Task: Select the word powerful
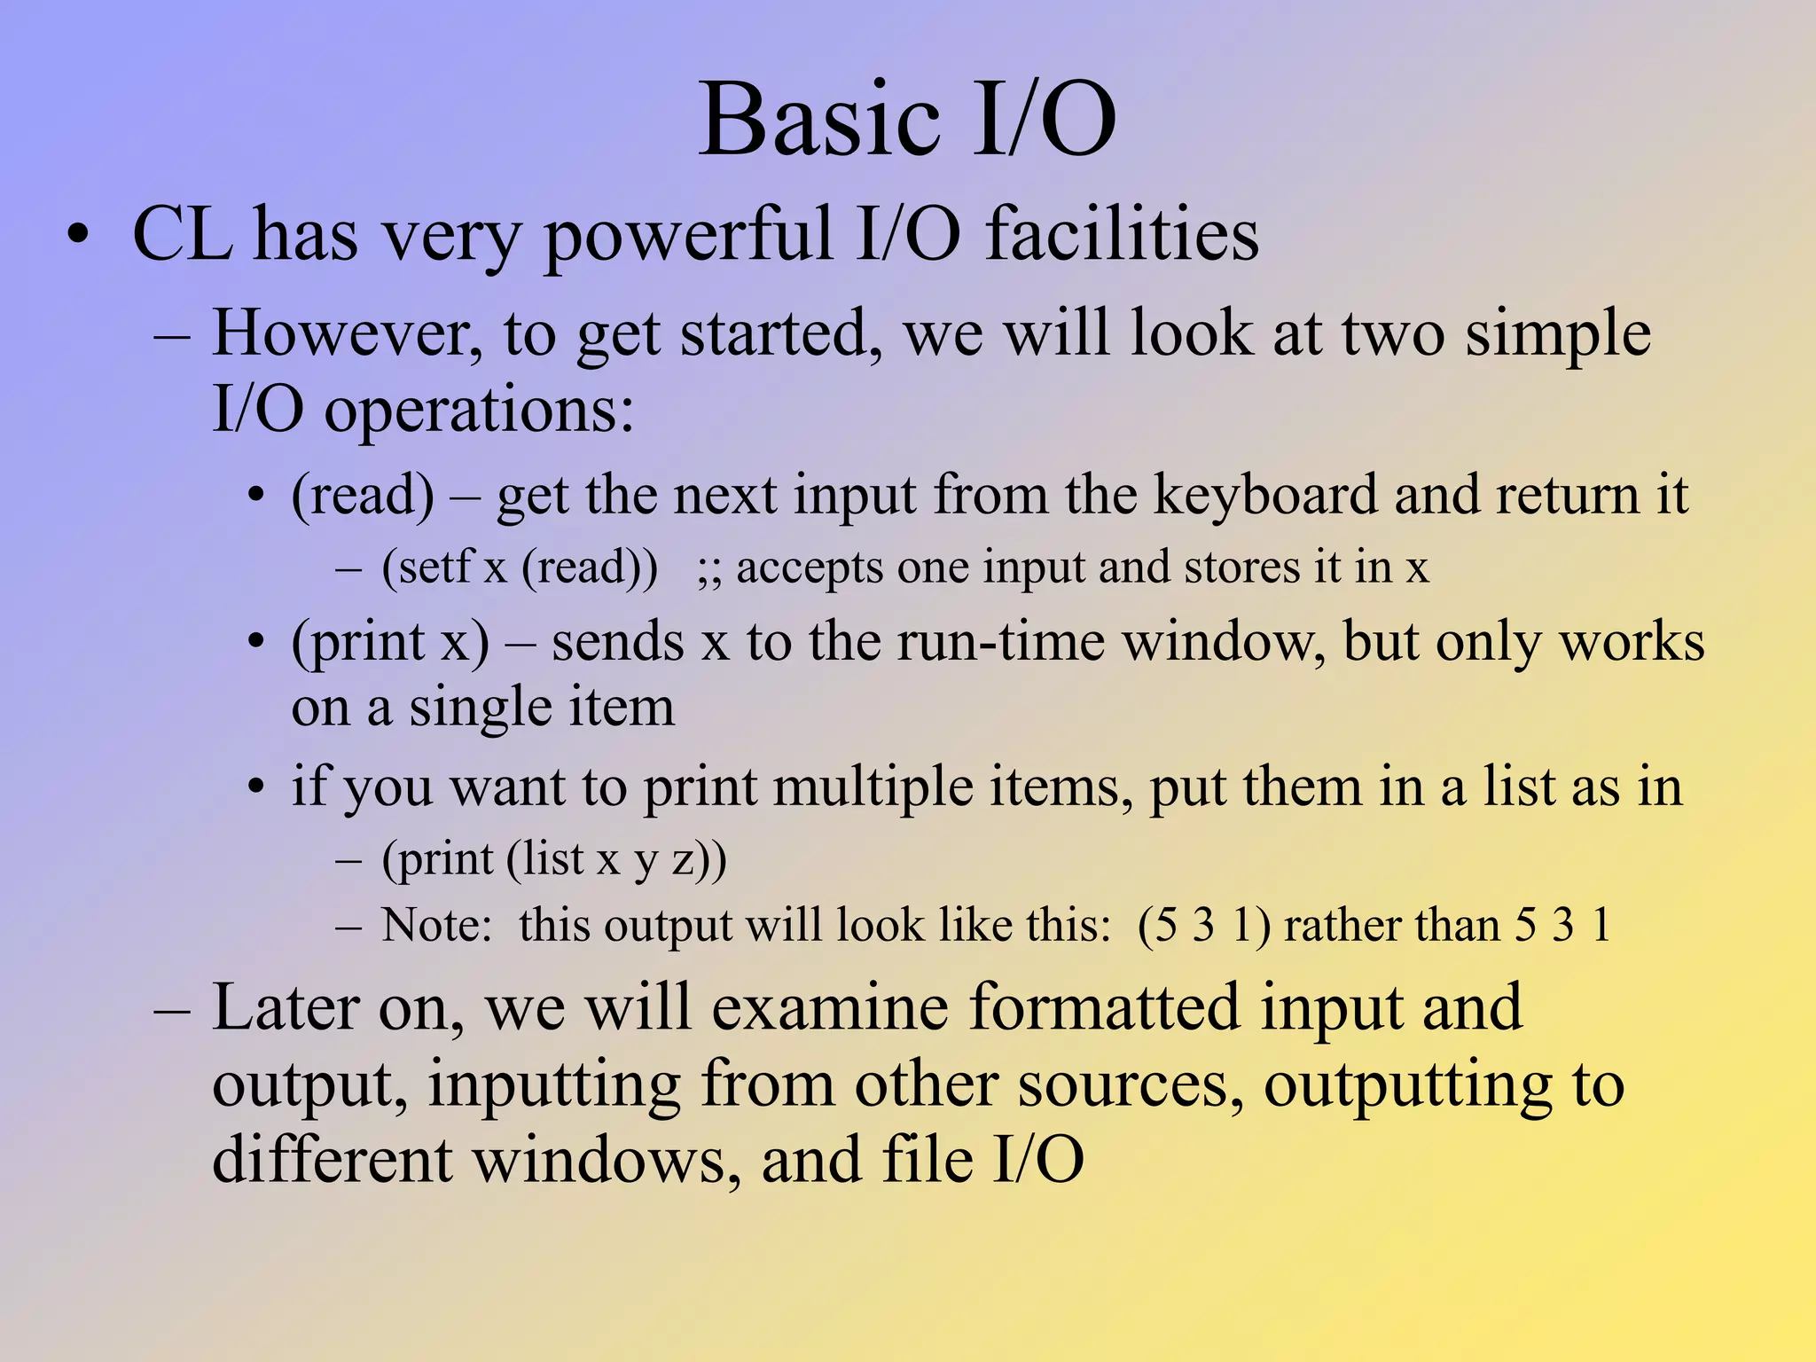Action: (x=687, y=235)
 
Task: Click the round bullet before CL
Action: (x=79, y=236)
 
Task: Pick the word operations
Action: (x=479, y=411)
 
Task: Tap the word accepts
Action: (x=809, y=567)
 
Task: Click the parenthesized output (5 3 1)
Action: (x=1203, y=925)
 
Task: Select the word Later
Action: (x=287, y=1008)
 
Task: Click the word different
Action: (x=333, y=1161)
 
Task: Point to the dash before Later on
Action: (x=171, y=1010)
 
